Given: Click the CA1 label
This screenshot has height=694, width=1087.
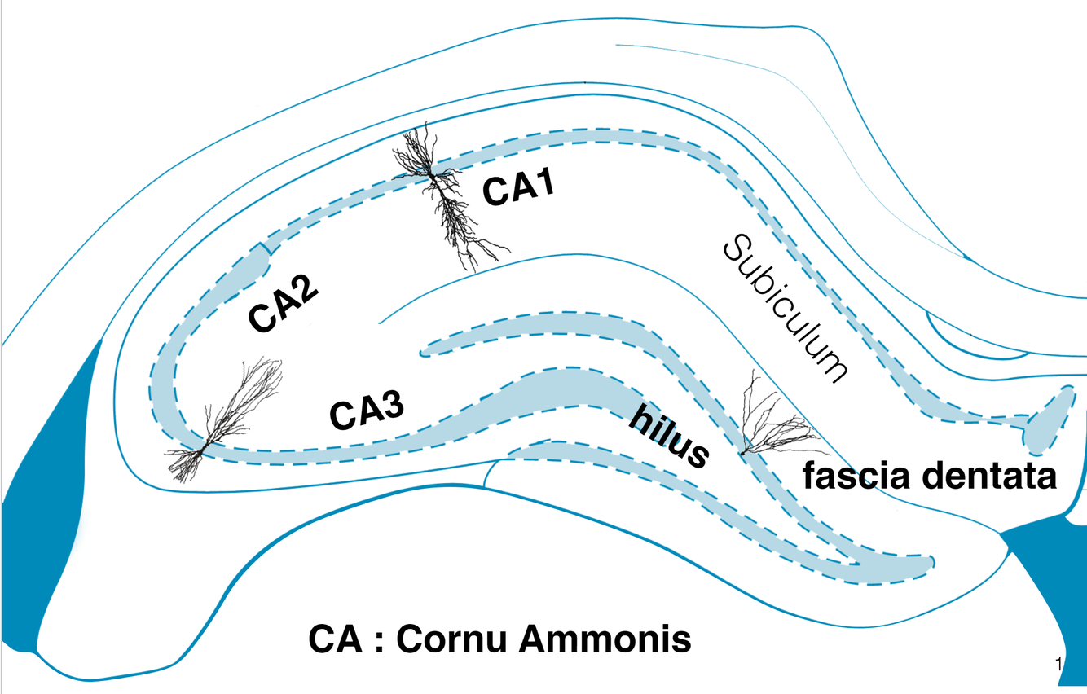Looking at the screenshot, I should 519,188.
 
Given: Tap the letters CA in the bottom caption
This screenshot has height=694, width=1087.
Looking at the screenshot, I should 335,639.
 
